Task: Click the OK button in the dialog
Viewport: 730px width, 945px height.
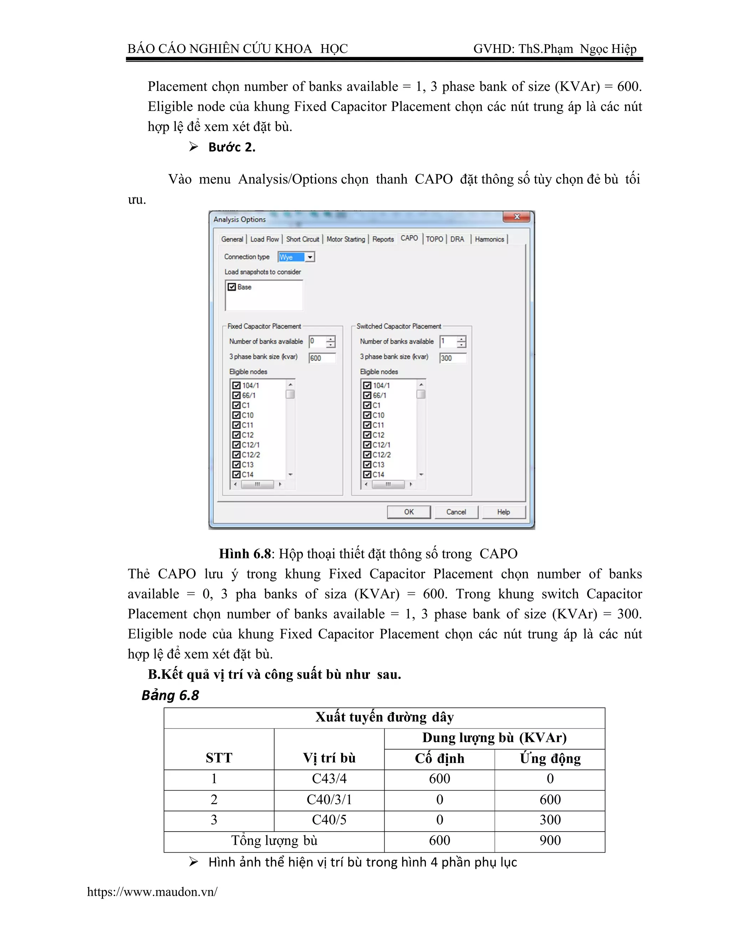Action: point(409,512)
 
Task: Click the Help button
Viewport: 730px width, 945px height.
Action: point(503,512)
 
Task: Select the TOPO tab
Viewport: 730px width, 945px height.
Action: point(434,239)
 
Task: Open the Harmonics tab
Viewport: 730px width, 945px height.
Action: point(489,239)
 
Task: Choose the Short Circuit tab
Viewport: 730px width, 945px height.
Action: point(302,239)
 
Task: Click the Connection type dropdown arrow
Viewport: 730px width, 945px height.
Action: point(310,257)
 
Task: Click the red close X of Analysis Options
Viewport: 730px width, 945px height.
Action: point(516,217)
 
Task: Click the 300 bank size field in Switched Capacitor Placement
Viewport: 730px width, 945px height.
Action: point(452,358)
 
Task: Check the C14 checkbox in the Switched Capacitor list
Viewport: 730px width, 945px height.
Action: point(367,474)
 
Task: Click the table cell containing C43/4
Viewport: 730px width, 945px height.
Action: point(329,778)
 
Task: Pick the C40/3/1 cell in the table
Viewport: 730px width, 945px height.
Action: point(329,799)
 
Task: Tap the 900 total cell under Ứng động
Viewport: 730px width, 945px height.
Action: point(550,840)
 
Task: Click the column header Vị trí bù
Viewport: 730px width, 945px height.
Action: point(329,758)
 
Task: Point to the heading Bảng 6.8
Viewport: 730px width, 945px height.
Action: point(170,695)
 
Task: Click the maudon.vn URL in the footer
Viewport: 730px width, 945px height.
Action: point(152,892)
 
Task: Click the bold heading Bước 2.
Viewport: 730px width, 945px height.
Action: point(232,147)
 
